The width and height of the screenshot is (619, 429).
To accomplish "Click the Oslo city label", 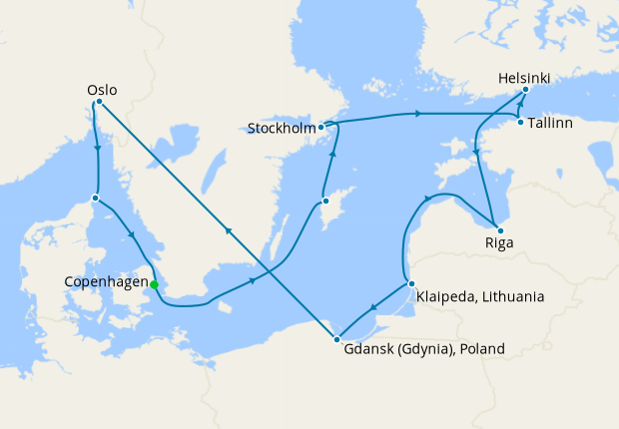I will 103,90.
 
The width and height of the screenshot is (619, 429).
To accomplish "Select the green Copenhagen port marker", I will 154,284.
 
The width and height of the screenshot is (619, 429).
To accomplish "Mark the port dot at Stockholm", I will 321,128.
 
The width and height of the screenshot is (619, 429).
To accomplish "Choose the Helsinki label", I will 523,77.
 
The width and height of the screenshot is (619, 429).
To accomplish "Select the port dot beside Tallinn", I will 521,123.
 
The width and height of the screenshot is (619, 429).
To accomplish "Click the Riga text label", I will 495,241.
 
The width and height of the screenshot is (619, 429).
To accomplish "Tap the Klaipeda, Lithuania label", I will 480,296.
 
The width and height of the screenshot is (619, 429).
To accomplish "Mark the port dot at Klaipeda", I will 410,284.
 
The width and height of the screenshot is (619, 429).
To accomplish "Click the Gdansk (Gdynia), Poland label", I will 424,349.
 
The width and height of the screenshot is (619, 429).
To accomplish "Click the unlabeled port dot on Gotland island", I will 325,202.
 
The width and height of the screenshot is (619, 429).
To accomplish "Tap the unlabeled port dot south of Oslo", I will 95,198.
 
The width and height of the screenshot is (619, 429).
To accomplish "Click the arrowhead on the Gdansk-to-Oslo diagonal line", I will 229,230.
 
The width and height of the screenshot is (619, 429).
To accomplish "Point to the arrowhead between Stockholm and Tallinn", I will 415,115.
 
